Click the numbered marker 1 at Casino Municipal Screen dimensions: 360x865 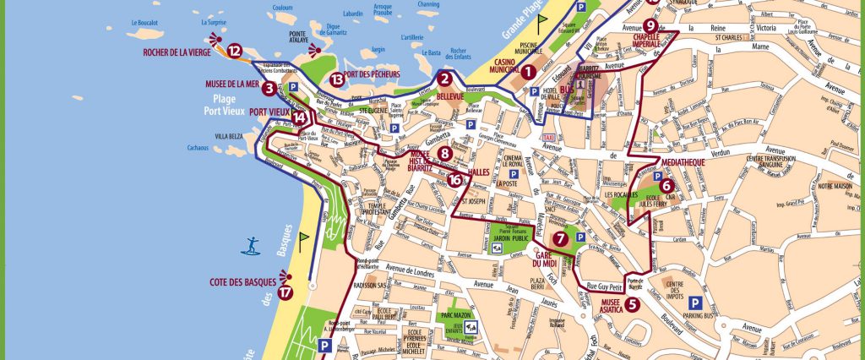(527, 73)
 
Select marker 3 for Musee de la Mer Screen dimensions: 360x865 (269, 88)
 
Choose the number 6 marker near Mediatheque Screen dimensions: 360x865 (666, 186)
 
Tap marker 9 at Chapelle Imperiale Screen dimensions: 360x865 (650, 3)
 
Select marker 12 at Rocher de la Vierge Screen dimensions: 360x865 (234, 51)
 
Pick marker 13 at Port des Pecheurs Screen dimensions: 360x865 (337, 79)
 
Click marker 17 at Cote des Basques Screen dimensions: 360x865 (286, 293)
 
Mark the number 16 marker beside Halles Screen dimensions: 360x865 (455, 179)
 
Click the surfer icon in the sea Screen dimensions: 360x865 (252, 247)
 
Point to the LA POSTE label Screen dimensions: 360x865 (507, 183)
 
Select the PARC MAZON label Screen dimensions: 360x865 (456, 316)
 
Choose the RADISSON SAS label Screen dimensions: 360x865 (376, 285)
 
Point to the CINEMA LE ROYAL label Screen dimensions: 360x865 (509, 161)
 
